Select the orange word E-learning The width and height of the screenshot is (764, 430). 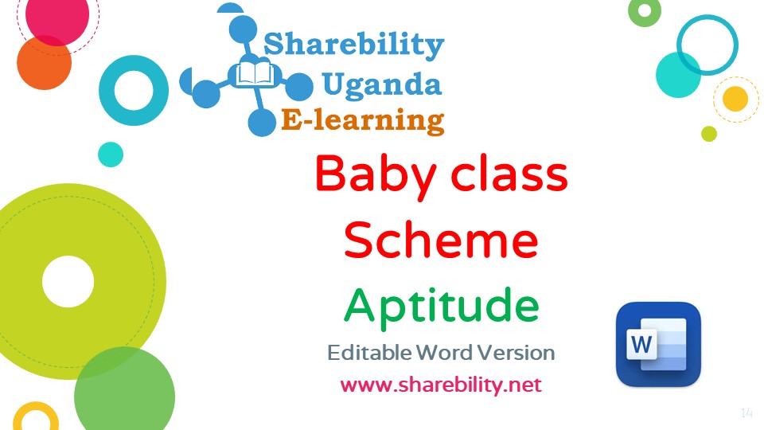click(x=363, y=120)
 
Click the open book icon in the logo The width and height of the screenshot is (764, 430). click(x=255, y=75)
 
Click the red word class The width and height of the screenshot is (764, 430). click(x=509, y=173)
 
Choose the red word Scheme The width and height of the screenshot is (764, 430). click(x=441, y=240)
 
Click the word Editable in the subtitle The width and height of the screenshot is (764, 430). click(x=369, y=353)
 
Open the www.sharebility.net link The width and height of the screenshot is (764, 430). click(x=441, y=385)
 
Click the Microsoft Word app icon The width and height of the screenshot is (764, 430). click(x=658, y=344)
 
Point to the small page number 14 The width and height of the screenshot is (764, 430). click(x=746, y=413)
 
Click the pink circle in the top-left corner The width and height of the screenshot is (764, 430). click(x=57, y=16)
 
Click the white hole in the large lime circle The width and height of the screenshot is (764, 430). click(x=68, y=282)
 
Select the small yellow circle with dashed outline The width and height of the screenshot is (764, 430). click(x=735, y=99)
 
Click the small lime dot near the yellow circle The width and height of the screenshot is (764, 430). click(x=709, y=134)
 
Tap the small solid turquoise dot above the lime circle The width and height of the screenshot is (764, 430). click(x=111, y=154)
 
